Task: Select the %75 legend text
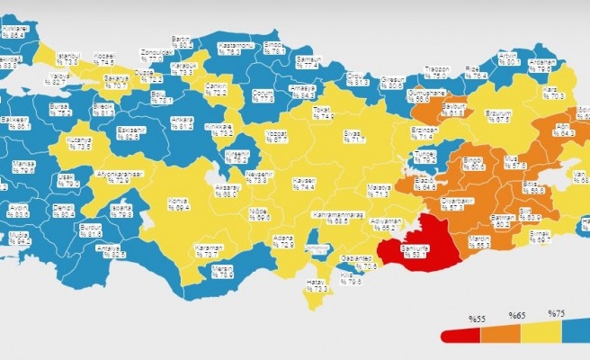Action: click(x=555, y=314)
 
